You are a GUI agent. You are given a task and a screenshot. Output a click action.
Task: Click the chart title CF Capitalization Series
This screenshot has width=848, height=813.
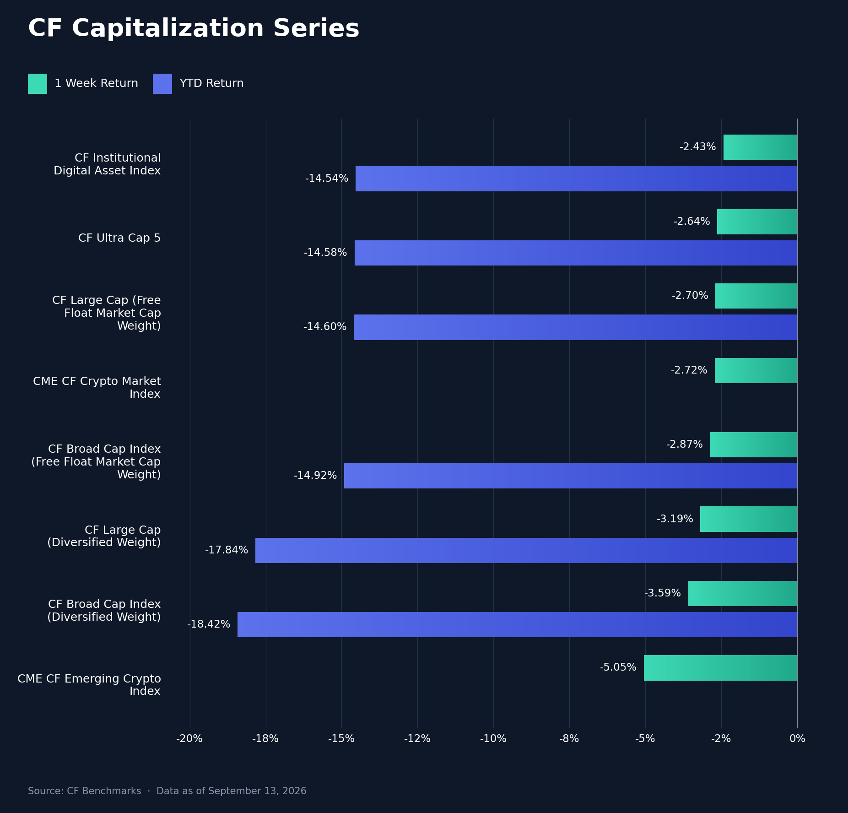[x=194, y=29]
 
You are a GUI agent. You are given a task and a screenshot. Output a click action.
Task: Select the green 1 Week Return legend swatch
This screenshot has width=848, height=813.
[x=38, y=84]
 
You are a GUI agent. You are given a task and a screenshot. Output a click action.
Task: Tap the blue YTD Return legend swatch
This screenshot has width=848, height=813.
[x=162, y=84]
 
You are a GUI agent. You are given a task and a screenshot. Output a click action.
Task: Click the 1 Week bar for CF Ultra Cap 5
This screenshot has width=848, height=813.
[x=757, y=222]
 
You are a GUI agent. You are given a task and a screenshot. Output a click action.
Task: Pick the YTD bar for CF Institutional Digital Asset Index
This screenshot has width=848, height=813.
[x=576, y=179]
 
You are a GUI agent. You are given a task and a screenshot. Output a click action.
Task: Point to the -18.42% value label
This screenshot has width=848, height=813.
[x=209, y=624]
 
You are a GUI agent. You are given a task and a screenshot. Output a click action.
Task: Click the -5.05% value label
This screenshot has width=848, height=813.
[x=618, y=667]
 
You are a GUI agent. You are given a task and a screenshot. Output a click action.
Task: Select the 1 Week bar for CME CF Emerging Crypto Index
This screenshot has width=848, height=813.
[x=720, y=668]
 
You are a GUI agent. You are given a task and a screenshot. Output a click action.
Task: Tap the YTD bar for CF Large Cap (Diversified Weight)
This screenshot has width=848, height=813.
[x=526, y=550]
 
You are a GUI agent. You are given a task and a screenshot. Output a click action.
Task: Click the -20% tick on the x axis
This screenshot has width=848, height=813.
[x=189, y=739]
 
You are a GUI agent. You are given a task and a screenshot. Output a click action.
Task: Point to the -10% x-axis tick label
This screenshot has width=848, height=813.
[x=493, y=739]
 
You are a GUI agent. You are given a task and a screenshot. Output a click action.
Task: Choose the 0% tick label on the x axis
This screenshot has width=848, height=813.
[x=797, y=739]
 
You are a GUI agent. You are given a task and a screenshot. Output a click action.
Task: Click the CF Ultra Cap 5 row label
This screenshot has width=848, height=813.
[x=119, y=238]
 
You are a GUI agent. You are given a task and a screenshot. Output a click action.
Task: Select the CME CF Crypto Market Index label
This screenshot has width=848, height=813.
[x=97, y=388]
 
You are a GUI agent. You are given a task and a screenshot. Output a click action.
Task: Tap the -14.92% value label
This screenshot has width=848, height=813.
[x=315, y=476]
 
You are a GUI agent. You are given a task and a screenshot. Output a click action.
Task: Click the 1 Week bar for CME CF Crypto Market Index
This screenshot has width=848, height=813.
[x=756, y=371]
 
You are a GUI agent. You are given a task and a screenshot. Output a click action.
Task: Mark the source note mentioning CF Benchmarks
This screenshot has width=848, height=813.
[x=167, y=791]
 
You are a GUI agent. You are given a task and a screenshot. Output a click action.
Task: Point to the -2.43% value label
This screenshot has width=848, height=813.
[x=698, y=147]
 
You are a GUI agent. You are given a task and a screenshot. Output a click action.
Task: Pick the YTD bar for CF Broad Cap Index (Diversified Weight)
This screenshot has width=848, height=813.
[x=517, y=624]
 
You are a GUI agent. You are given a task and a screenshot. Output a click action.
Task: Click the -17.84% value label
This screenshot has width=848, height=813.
[x=227, y=550]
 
